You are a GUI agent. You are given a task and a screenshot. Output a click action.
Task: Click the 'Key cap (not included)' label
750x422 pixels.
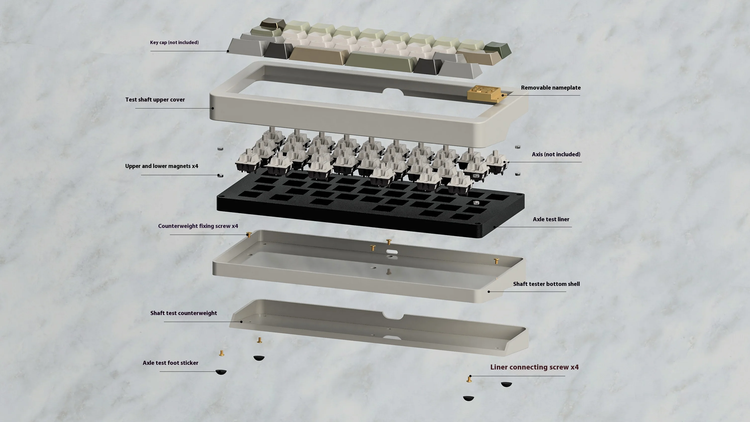(174, 43)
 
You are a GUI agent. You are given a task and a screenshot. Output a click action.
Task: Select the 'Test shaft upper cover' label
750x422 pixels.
(155, 100)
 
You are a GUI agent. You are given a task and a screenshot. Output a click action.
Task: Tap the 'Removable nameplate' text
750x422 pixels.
(551, 88)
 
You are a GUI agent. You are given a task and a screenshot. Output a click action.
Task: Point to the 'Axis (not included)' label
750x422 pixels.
(556, 154)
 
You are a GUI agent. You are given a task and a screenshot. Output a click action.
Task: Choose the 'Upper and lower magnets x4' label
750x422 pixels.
(162, 166)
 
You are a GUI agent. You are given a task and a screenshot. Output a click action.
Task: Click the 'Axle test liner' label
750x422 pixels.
(551, 219)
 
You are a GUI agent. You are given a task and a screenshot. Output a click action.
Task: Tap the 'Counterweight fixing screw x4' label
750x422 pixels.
(198, 226)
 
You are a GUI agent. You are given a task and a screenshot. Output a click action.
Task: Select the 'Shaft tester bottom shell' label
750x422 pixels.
(546, 284)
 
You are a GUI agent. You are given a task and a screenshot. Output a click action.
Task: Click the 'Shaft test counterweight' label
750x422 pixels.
(184, 313)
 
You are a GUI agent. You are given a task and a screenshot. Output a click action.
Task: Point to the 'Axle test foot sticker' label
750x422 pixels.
(170, 363)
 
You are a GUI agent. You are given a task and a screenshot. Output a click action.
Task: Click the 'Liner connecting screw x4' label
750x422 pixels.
(534, 367)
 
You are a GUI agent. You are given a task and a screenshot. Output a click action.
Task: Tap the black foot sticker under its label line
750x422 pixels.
(221, 372)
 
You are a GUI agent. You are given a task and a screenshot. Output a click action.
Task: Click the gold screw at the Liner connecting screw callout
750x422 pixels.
(469, 379)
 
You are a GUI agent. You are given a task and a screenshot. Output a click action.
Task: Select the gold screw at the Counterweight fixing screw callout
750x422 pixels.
(249, 235)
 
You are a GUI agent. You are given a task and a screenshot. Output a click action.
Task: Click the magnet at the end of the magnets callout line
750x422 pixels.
(220, 175)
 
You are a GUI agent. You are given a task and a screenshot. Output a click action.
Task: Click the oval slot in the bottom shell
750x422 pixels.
(392, 252)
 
